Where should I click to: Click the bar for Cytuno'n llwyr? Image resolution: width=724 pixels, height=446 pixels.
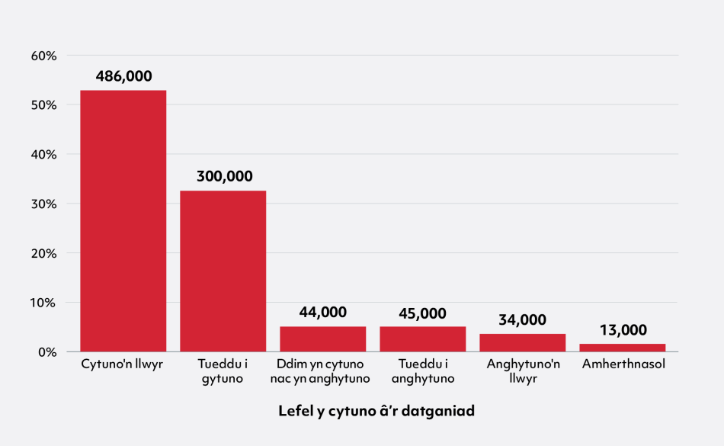pyautogui.click(x=123, y=221)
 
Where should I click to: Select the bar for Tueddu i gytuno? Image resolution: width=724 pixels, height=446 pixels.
pyautogui.click(x=223, y=271)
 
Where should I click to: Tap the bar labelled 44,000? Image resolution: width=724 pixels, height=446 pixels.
pyautogui.click(x=322, y=339)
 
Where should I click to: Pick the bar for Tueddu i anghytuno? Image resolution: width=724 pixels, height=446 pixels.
pyautogui.click(x=422, y=339)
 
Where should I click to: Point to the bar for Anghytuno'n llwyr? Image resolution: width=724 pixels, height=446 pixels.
pyautogui.click(x=522, y=342)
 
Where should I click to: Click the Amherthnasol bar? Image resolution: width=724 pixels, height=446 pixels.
pyautogui.click(x=622, y=348)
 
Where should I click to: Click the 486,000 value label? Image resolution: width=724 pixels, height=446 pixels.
pyautogui.click(x=123, y=76)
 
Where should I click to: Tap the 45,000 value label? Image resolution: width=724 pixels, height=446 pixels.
pyautogui.click(x=422, y=313)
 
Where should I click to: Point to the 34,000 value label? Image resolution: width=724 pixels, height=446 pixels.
pyautogui.click(x=522, y=319)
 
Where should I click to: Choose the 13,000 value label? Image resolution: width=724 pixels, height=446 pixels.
pyautogui.click(x=623, y=330)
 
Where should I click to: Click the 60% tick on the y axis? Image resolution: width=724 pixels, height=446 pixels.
pyautogui.click(x=44, y=56)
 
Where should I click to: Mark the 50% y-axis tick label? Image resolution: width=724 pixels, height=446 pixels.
pyautogui.click(x=44, y=105)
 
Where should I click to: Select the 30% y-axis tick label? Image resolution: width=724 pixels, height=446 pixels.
pyautogui.click(x=44, y=204)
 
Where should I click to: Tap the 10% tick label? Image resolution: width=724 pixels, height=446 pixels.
pyautogui.click(x=44, y=303)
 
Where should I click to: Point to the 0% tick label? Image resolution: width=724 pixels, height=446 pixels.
pyautogui.click(x=47, y=352)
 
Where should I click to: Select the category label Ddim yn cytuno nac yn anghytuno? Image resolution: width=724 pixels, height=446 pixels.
pyautogui.click(x=322, y=371)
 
